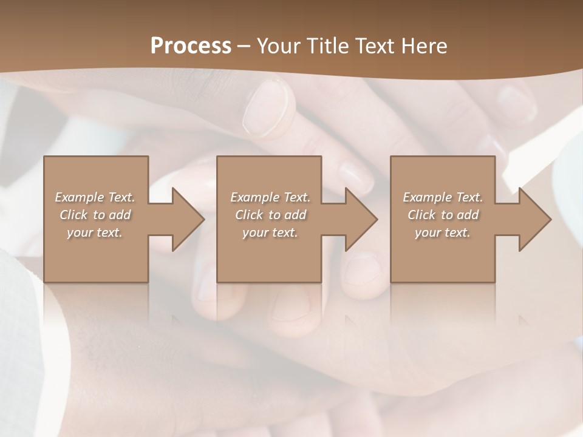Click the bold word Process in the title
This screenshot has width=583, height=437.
pos(191,46)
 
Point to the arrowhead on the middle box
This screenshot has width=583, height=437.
pos(361,219)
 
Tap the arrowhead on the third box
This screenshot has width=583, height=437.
pos(534,219)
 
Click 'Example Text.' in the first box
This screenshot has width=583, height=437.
pos(95,197)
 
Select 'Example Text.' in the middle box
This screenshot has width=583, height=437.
pos(270,197)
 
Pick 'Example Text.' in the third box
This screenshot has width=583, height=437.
pos(443,197)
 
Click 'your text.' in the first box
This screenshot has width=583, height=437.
pos(95,232)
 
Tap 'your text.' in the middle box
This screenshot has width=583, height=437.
pos(270,232)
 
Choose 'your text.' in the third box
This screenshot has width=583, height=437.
pos(443,232)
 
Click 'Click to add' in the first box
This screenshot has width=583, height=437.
pos(95,215)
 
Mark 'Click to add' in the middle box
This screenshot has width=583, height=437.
pos(270,215)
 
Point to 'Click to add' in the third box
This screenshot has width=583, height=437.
pos(443,215)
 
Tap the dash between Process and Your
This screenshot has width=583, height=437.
pos(244,46)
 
